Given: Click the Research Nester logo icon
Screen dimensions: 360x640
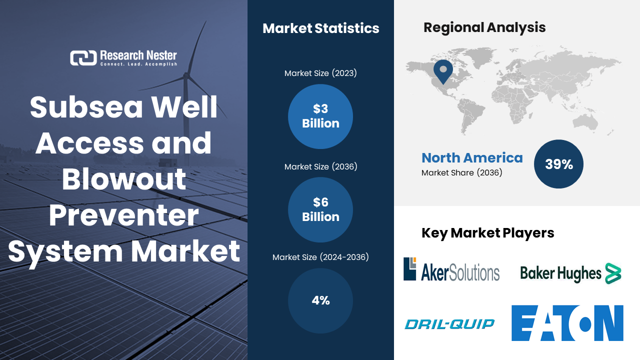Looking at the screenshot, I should point(83,58).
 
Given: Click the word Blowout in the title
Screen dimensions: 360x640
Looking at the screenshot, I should point(124,178).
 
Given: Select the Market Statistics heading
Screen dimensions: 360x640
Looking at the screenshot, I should point(320,28).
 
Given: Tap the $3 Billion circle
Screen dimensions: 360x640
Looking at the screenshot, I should point(320,116).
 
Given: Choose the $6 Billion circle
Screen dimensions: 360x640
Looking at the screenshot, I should point(320,209).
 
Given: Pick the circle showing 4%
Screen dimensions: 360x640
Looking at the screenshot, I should point(320,300).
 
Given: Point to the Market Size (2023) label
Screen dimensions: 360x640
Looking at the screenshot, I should point(320,73).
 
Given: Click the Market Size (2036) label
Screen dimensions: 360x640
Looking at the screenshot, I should point(320,166).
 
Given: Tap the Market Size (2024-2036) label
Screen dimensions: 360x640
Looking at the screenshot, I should point(320,257).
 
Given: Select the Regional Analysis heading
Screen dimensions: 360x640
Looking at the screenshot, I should point(484,27).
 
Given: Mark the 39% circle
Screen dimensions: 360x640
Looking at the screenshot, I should point(558,164).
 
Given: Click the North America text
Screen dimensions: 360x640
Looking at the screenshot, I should point(472,158).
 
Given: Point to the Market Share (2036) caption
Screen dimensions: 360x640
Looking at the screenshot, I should point(461,173).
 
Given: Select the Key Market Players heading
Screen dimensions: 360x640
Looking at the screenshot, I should point(487,233).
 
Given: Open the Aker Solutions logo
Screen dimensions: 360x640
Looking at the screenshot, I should point(451,269).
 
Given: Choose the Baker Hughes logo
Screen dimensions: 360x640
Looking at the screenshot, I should point(570,273).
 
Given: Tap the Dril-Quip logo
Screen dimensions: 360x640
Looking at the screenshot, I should point(449,324).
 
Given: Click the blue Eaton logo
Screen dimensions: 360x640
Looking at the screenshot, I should point(567,323).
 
